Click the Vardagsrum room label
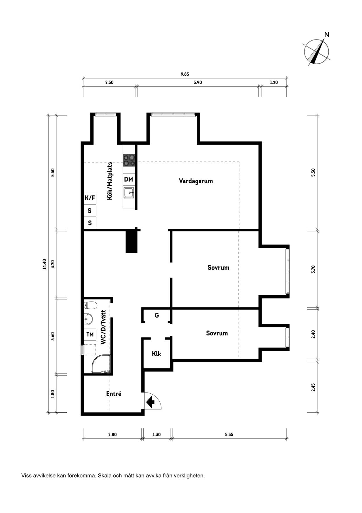tap(196, 181)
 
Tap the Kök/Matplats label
tap(110, 181)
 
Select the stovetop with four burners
tap(129, 160)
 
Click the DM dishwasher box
tap(128, 179)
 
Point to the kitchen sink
tap(129, 193)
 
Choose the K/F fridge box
tap(90, 198)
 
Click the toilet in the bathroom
tap(90, 306)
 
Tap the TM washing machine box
tap(90, 334)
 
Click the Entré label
tap(114, 394)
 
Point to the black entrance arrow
tap(151, 402)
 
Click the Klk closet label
tap(156, 354)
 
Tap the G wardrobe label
tap(157, 315)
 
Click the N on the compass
tap(327, 35)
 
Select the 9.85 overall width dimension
tap(185, 74)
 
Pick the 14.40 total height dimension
tap(44, 264)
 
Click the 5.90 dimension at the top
tap(198, 82)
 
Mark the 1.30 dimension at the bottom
tap(156, 435)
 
